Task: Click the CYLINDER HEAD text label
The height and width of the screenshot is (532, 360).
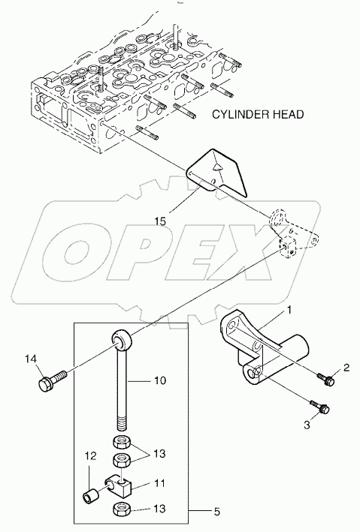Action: pyautogui.click(x=257, y=115)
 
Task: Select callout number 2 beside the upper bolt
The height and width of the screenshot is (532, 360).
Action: pyautogui.click(x=346, y=367)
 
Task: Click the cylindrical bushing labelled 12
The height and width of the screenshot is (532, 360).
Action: pyautogui.click(x=91, y=496)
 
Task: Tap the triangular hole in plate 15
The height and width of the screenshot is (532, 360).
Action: pyautogui.click(x=216, y=167)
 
